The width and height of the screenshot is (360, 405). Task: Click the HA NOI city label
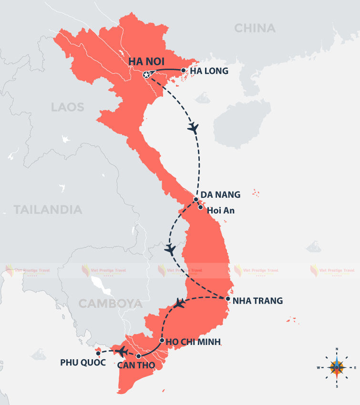point(146,62)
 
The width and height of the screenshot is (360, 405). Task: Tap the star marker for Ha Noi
point(146,75)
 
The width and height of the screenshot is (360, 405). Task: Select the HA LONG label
point(209,71)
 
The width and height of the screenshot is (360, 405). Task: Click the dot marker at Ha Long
point(184,70)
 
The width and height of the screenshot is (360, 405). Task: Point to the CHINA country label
point(255,29)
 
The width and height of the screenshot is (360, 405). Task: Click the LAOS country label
point(67,107)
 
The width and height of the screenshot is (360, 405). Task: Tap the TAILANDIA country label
point(48,209)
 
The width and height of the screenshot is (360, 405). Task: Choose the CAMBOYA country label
point(110,304)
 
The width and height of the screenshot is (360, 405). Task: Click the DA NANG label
point(220,194)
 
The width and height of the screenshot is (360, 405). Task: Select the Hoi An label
point(218,210)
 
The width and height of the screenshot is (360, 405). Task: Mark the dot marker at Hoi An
point(201,207)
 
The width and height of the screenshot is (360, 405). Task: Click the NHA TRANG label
point(257,301)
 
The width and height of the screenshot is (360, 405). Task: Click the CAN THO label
point(133,366)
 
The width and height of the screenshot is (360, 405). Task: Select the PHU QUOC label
point(82,362)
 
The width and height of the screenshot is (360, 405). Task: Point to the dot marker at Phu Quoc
point(98,354)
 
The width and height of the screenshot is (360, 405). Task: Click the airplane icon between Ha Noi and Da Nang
point(193,127)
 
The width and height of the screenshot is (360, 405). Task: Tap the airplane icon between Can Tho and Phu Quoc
point(122,352)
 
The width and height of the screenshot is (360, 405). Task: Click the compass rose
point(337,367)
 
